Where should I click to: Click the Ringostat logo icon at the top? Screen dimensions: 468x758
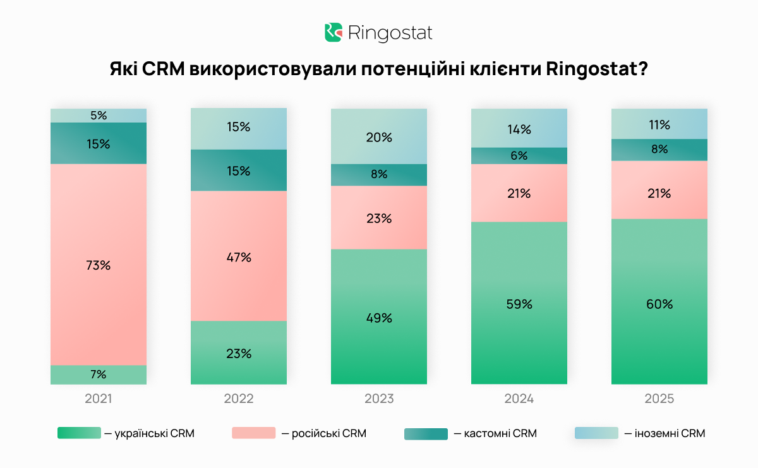333,33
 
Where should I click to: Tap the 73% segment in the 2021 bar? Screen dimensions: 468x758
99,265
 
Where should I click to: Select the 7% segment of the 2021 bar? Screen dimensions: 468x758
99,375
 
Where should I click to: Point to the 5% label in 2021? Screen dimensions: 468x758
99,116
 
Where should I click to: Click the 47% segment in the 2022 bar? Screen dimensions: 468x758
239,257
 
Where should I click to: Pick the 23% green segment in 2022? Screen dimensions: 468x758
239,353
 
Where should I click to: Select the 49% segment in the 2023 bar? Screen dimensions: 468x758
379,318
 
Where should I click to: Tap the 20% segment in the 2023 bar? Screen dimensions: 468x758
379,136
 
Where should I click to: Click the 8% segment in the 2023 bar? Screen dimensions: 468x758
379,175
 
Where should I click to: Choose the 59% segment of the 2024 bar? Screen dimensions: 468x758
519,304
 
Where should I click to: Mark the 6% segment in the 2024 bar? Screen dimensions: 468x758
519,156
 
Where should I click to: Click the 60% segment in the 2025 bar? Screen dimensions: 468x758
659,304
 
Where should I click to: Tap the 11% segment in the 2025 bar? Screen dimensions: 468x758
659,124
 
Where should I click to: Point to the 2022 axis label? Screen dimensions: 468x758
239,399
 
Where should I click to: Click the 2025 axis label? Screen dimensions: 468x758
659,399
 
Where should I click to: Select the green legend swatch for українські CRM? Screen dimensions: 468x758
79,433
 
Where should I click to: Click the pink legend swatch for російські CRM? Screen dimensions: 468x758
254,433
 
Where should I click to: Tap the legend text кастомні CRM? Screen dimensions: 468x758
500,433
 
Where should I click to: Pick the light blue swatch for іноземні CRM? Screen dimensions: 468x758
596,433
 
